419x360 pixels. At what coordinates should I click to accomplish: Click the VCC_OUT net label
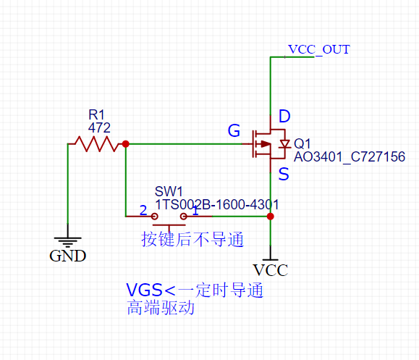(318, 49)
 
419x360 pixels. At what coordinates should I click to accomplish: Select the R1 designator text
(96, 115)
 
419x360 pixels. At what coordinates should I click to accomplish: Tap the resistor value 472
(98, 127)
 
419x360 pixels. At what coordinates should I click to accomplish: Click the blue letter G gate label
(234, 131)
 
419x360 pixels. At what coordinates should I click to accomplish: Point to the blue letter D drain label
(284, 117)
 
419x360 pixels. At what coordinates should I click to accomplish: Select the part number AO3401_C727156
(349, 156)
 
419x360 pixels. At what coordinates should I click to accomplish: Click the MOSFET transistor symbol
(268, 144)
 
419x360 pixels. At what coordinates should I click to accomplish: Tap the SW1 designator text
(169, 191)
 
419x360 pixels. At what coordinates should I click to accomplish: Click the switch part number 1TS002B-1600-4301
(216, 205)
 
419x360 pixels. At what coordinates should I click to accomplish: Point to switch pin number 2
(143, 210)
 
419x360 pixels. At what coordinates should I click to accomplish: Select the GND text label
(67, 256)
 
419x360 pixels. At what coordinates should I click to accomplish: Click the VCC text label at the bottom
(271, 271)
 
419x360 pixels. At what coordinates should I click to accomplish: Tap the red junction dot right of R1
(127, 144)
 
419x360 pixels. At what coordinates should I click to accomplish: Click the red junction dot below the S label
(271, 216)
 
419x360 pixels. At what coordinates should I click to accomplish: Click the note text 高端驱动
(160, 308)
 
